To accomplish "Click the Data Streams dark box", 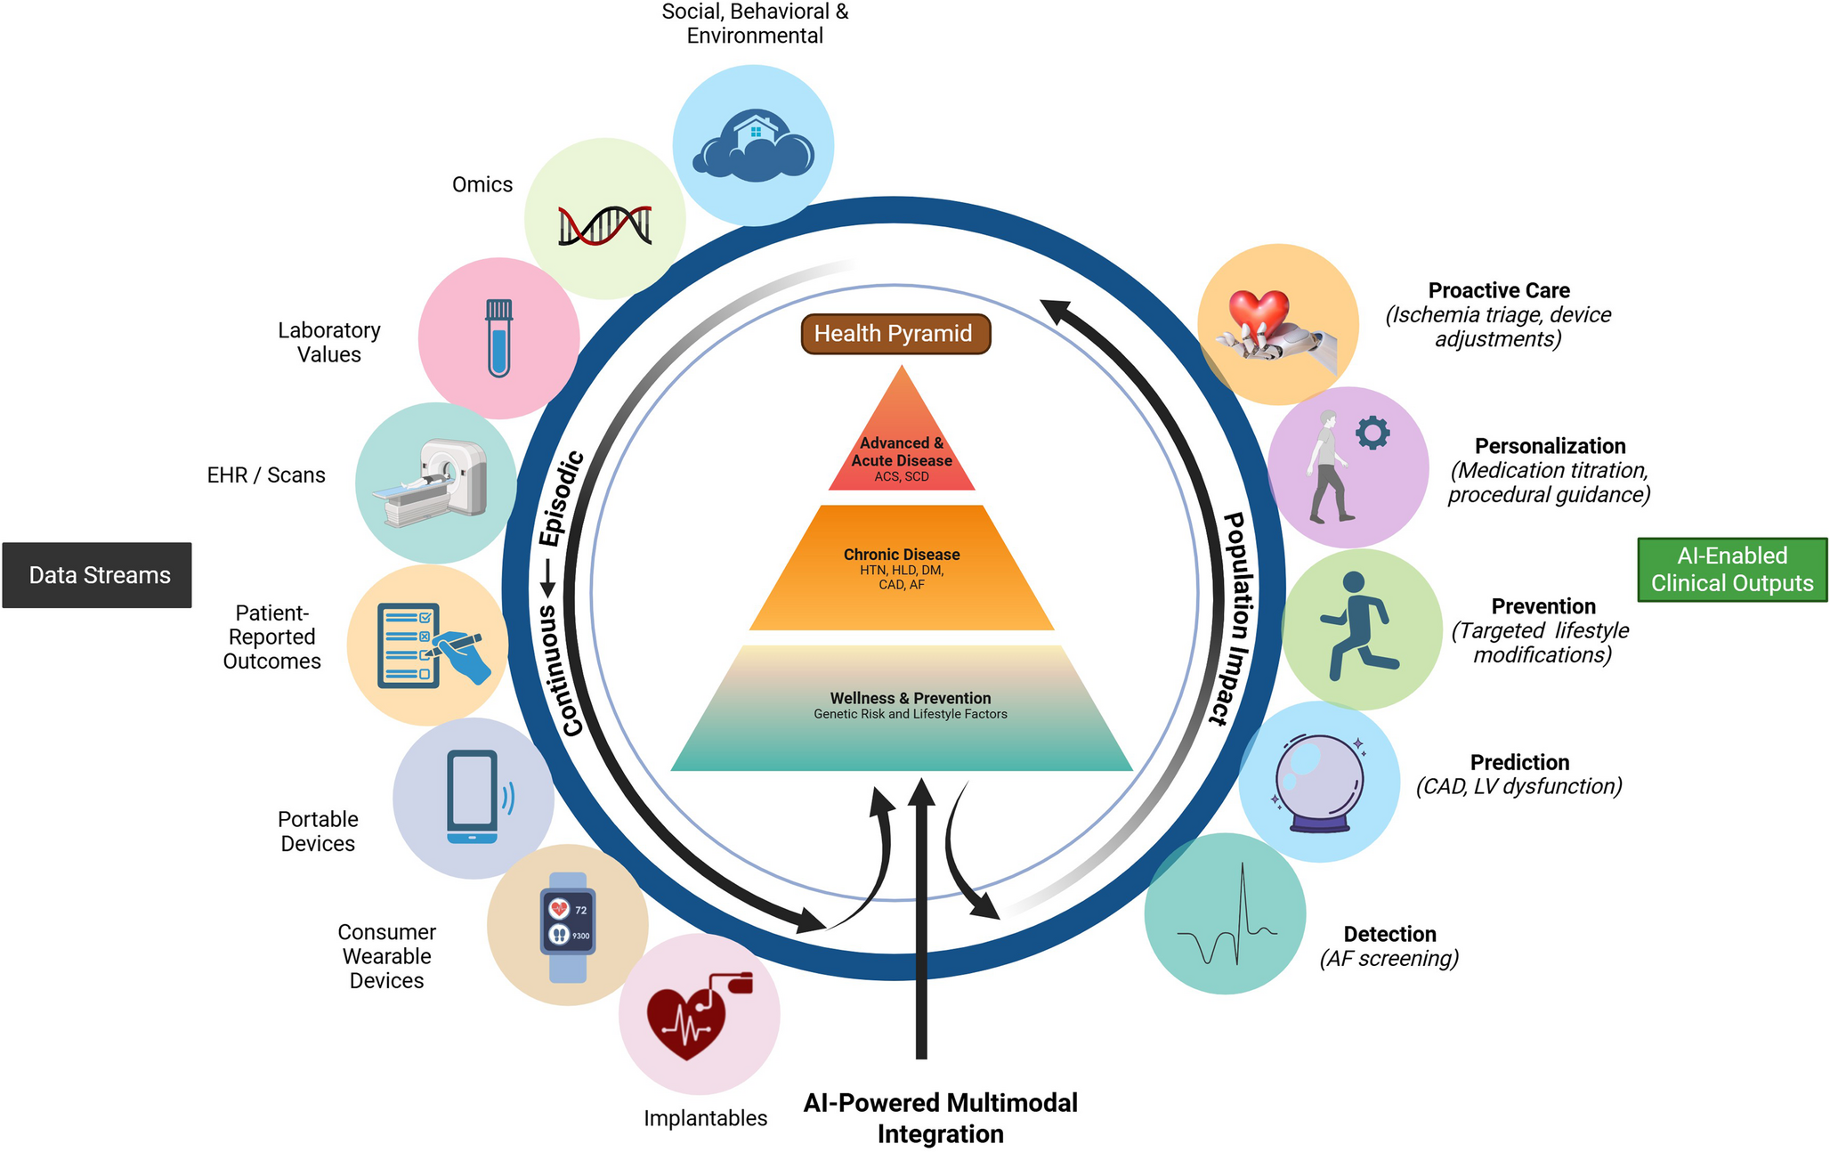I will coord(97,575).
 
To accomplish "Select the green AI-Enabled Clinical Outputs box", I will coord(1731,570).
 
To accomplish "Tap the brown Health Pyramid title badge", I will coord(895,334).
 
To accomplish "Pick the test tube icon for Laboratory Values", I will coord(499,337).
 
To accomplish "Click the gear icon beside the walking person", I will coord(1372,434).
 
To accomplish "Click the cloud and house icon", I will coord(754,146).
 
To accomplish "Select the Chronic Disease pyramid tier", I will coord(902,570).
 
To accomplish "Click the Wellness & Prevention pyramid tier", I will coord(902,708).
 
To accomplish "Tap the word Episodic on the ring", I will coord(562,499).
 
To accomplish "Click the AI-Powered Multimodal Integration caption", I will coord(940,1118).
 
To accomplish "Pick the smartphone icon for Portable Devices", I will coord(474,797).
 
